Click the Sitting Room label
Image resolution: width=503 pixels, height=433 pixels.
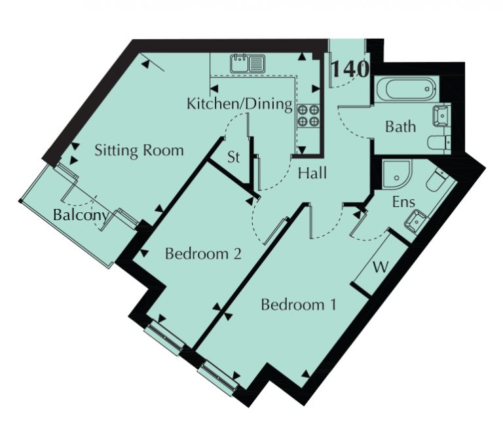[140, 151]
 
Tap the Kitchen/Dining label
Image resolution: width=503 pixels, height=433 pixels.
[240, 104]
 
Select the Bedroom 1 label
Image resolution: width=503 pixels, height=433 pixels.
[299, 305]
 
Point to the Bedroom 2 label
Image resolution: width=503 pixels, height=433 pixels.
[203, 254]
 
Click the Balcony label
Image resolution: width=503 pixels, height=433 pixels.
[81, 215]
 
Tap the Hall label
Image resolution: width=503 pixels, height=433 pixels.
[312, 173]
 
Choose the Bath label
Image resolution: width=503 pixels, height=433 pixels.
[400, 126]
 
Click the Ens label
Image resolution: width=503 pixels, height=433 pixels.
[404, 202]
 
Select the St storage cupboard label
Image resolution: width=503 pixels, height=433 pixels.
[234, 157]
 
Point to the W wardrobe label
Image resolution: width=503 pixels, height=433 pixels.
[381, 267]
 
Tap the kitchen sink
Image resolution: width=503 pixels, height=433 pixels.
[248, 63]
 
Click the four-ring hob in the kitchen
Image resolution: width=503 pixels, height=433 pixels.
[308, 116]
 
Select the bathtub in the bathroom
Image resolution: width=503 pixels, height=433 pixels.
[407, 89]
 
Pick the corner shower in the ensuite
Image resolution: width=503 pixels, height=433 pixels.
[396, 174]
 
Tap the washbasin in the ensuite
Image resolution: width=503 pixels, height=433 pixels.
[416, 221]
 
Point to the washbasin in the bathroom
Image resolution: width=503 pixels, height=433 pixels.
[441, 115]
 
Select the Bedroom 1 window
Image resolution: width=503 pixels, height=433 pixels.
[218, 377]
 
